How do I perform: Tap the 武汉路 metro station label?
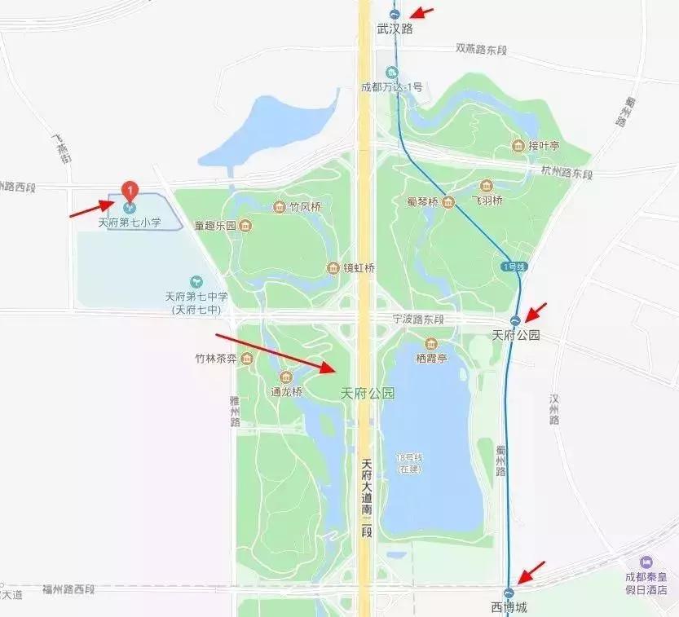tap(395, 29)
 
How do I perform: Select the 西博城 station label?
tap(509, 607)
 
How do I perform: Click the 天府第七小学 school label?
tap(130, 222)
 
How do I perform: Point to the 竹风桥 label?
tap(305, 207)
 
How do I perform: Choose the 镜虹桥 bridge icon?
tap(333, 268)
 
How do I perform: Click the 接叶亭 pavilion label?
tap(544, 146)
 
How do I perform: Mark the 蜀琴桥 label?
tap(422, 201)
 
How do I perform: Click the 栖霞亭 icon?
tap(431, 344)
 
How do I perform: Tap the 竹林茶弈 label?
tap(215, 358)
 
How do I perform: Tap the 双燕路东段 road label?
tap(481, 50)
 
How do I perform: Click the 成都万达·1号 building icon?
tap(392, 72)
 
